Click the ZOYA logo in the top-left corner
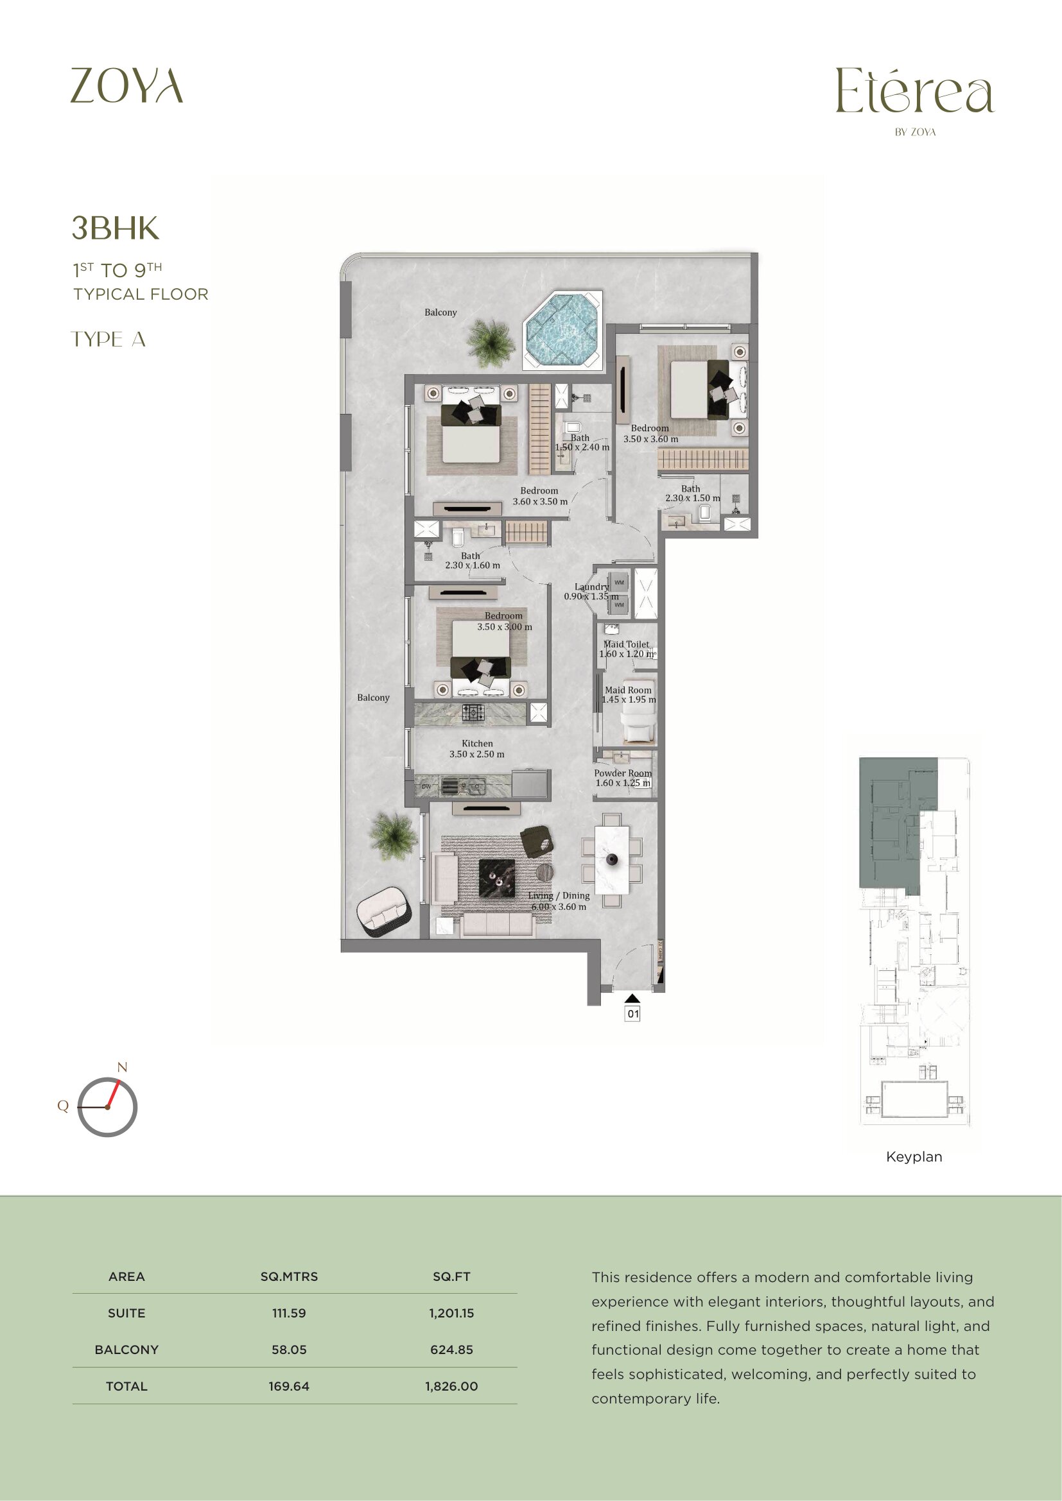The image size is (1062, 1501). coord(126,85)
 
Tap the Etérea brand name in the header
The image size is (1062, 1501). coord(915,92)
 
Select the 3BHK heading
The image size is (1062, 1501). coord(115,228)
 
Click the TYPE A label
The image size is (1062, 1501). coord(108,339)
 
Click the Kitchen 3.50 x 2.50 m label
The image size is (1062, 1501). coord(476,748)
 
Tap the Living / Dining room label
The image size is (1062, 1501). coord(559,901)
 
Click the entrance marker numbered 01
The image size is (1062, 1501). coord(632,1014)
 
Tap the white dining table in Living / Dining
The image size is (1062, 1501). coord(612,859)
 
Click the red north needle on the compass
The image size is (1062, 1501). coord(113,1094)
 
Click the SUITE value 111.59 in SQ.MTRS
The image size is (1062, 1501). coord(289,1313)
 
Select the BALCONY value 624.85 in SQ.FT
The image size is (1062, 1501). coord(451,1350)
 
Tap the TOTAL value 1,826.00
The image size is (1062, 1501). coord(451,1386)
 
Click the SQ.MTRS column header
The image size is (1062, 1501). coord(289,1276)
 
